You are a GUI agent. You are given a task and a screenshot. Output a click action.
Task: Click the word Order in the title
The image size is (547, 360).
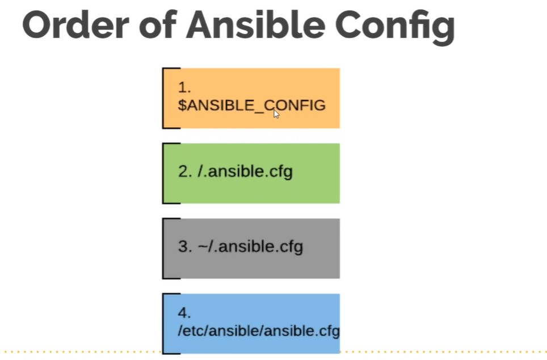coord(75,25)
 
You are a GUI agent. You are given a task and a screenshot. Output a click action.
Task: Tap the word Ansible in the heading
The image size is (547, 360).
coord(256,25)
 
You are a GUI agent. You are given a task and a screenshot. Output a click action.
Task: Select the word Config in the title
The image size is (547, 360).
coord(395,28)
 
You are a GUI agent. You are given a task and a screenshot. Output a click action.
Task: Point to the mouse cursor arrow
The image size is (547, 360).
coord(276,114)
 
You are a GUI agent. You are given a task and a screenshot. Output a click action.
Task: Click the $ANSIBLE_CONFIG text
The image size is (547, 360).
coord(251,105)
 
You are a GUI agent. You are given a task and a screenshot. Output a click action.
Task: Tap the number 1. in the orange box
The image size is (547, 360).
coord(184,87)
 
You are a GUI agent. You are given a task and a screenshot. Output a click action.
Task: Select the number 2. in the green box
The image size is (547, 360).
coord(185,171)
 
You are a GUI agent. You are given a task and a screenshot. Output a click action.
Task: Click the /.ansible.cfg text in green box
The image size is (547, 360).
coord(245,172)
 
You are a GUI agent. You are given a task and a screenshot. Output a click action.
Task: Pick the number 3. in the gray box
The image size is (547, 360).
coord(185,246)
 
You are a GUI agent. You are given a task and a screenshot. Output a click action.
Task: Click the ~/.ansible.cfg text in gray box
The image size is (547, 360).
coord(250,247)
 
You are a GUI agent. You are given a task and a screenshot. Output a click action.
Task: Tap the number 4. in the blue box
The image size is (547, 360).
coord(184,313)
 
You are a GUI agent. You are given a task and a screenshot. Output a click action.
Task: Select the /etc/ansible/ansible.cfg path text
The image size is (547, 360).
coord(259,331)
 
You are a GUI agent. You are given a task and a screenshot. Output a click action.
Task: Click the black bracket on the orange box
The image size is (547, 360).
coord(163,98)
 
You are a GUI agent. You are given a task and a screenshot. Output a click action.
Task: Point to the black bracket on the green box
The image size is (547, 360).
coord(163,173)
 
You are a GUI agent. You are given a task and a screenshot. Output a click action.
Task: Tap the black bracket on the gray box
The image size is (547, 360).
coord(163,248)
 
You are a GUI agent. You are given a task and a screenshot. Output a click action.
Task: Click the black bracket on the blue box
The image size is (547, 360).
coord(163,324)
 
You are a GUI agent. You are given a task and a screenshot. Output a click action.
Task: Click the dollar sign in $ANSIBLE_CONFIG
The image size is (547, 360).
coord(182,105)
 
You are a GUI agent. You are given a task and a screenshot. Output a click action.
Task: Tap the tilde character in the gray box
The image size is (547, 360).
coord(203,246)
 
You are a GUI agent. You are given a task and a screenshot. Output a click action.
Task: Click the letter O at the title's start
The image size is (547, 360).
coord(37,25)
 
